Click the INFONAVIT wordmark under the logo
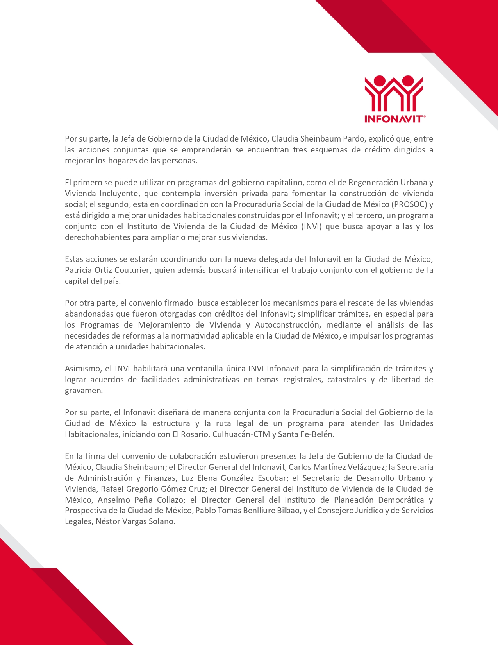tap(394, 118)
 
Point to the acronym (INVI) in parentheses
tap(311, 226)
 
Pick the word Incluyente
tap(119, 193)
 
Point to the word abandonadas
tap(86, 314)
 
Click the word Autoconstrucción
tap(287, 325)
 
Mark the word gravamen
tap(84, 391)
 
